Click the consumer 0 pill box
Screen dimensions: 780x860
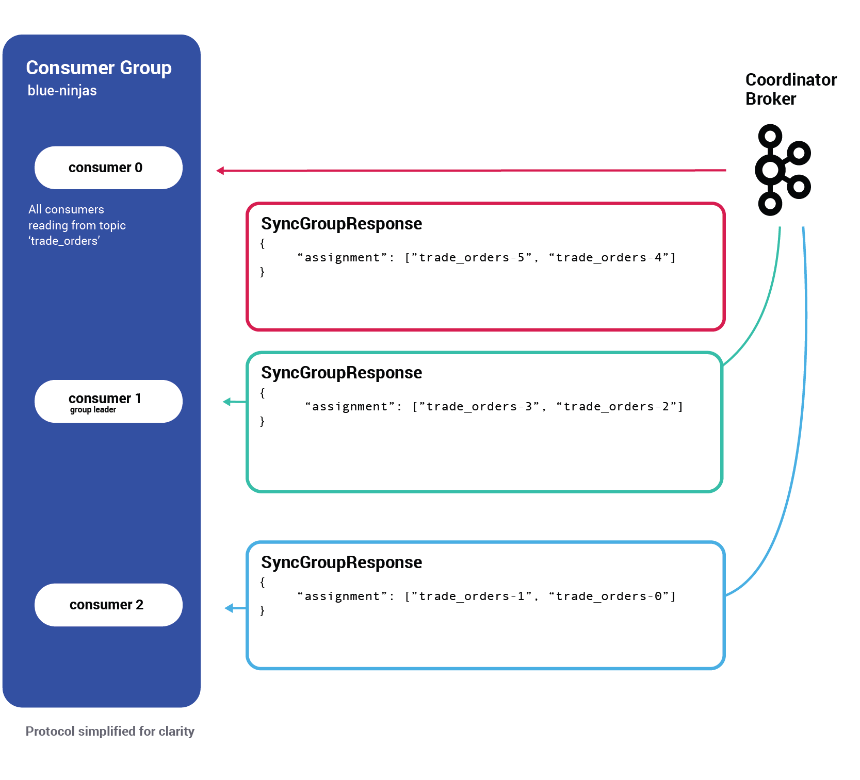[x=108, y=168]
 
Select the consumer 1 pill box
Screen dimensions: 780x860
[x=108, y=401]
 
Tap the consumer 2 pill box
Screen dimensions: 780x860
[x=108, y=605]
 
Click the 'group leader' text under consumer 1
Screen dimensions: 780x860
[x=93, y=410]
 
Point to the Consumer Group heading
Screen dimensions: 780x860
[x=99, y=68]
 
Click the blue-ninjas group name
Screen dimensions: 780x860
[x=62, y=91]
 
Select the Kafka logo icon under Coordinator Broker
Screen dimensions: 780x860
[x=782, y=170]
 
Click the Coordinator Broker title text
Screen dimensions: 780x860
[x=790, y=89]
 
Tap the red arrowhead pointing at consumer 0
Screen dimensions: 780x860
[x=220, y=171]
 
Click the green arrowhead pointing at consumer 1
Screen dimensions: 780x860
[x=227, y=402]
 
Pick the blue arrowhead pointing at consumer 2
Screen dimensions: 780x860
[x=229, y=608]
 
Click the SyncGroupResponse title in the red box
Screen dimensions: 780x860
[x=341, y=224]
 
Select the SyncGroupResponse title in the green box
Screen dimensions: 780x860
[x=341, y=373]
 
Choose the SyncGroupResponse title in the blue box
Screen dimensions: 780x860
[x=341, y=562]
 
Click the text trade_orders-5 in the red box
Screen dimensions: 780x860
[x=472, y=257]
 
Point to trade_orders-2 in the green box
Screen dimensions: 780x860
[x=616, y=406]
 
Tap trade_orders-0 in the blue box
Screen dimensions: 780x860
[x=609, y=596]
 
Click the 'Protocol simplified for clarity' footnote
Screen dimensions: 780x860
[x=110, y=731]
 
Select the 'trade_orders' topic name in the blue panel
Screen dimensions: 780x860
[x=64, y=241]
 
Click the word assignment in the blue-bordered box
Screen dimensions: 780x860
[x=342, y=596]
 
